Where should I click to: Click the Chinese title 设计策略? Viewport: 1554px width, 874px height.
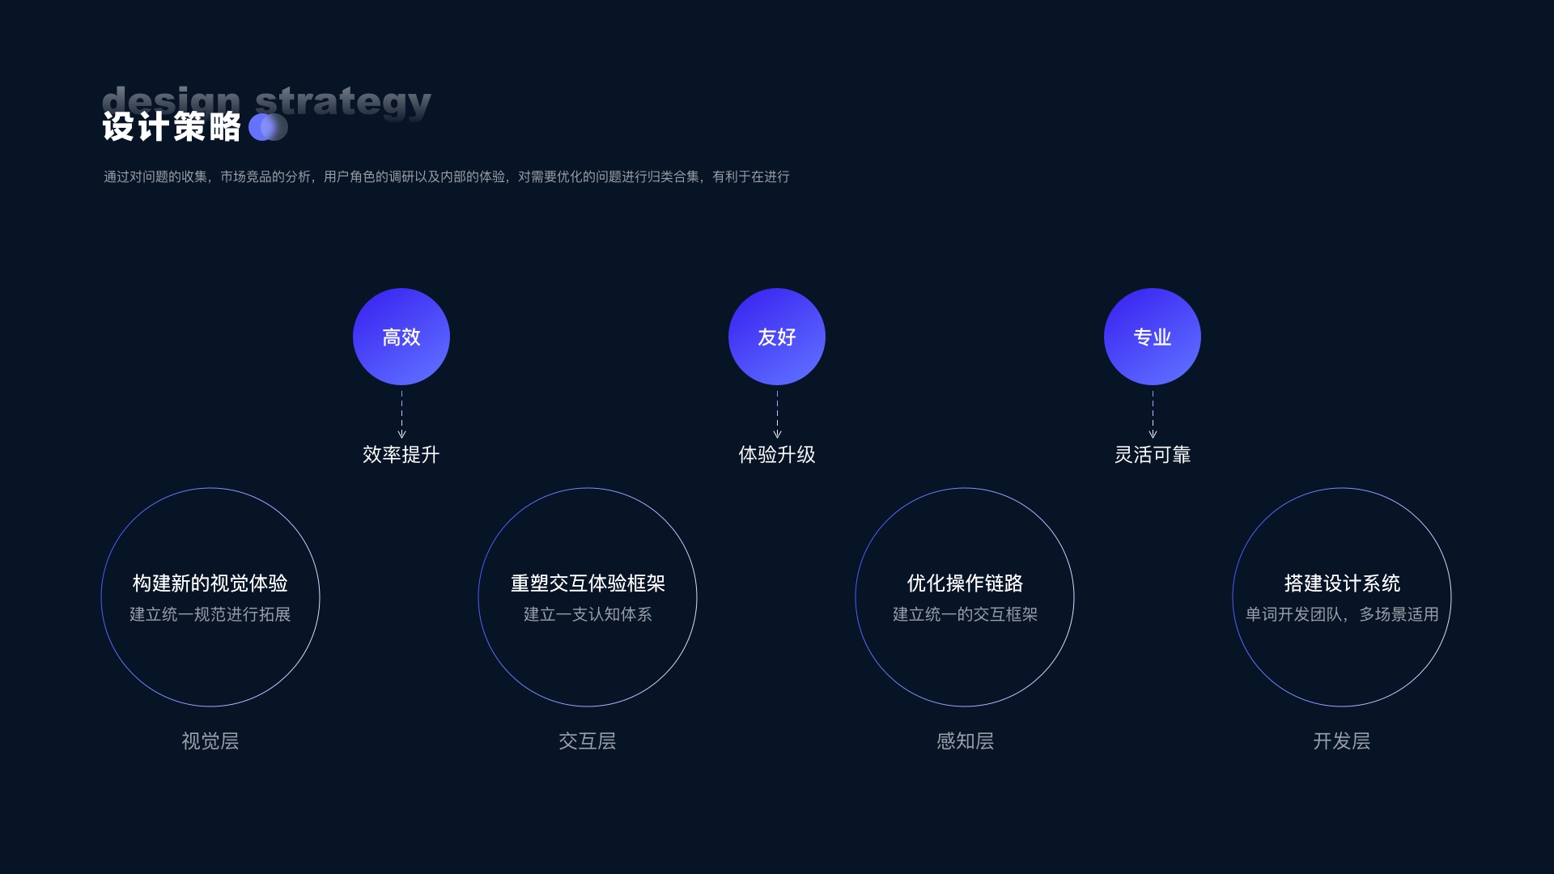(x=172, y=127)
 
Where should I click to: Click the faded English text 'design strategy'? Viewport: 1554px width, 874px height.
(x=267, y=100)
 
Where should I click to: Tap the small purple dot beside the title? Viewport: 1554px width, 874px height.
(x=268, y=127)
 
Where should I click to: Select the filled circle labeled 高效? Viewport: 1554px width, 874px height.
(x=401, y=337)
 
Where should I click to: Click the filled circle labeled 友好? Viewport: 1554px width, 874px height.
(x=777, y=337)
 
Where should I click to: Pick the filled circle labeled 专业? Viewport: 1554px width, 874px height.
(x=1153, y=337)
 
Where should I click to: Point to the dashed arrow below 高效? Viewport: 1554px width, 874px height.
(x=401, y=414)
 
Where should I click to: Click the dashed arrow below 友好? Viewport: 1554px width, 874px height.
(x=777, y=414)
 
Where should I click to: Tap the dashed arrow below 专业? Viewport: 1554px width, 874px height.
(x=1153, y=414)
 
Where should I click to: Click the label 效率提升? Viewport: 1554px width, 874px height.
(x=401, y=455)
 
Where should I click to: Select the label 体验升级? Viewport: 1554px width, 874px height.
(x=777, y=455)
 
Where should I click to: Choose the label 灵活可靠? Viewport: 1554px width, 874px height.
(x=1153, y=455)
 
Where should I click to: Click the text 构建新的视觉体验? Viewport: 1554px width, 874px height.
(x=210, y=583)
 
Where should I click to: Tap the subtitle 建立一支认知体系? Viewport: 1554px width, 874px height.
(x=588, y=615)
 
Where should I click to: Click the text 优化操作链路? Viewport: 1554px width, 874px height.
(x=965, y=583)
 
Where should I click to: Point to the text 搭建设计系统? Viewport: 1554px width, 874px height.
(x=1342, y=583)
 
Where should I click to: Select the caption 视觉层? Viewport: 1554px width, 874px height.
(x=210, y=741)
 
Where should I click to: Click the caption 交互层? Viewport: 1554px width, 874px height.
(x=588, y=741)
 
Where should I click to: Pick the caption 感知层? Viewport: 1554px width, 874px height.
(x=965, y=741)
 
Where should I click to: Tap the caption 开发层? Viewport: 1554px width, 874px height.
(x=1342, y=741)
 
